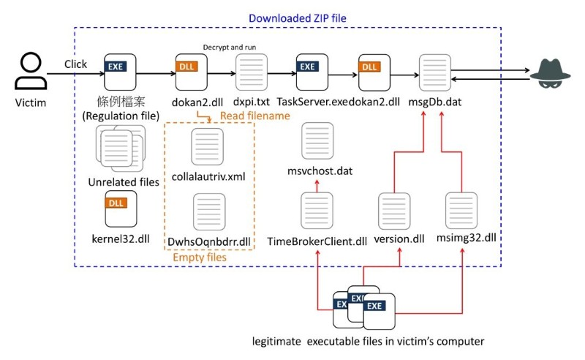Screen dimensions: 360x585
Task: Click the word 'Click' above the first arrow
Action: [x=75, y=64]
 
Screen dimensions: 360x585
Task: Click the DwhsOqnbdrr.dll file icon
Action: [x=206, y=211]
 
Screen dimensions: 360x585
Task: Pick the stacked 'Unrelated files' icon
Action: [x=119, y=148]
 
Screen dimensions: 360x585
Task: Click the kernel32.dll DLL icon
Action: [x=119, y=208]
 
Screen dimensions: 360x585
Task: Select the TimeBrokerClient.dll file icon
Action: [x=317, y=211]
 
